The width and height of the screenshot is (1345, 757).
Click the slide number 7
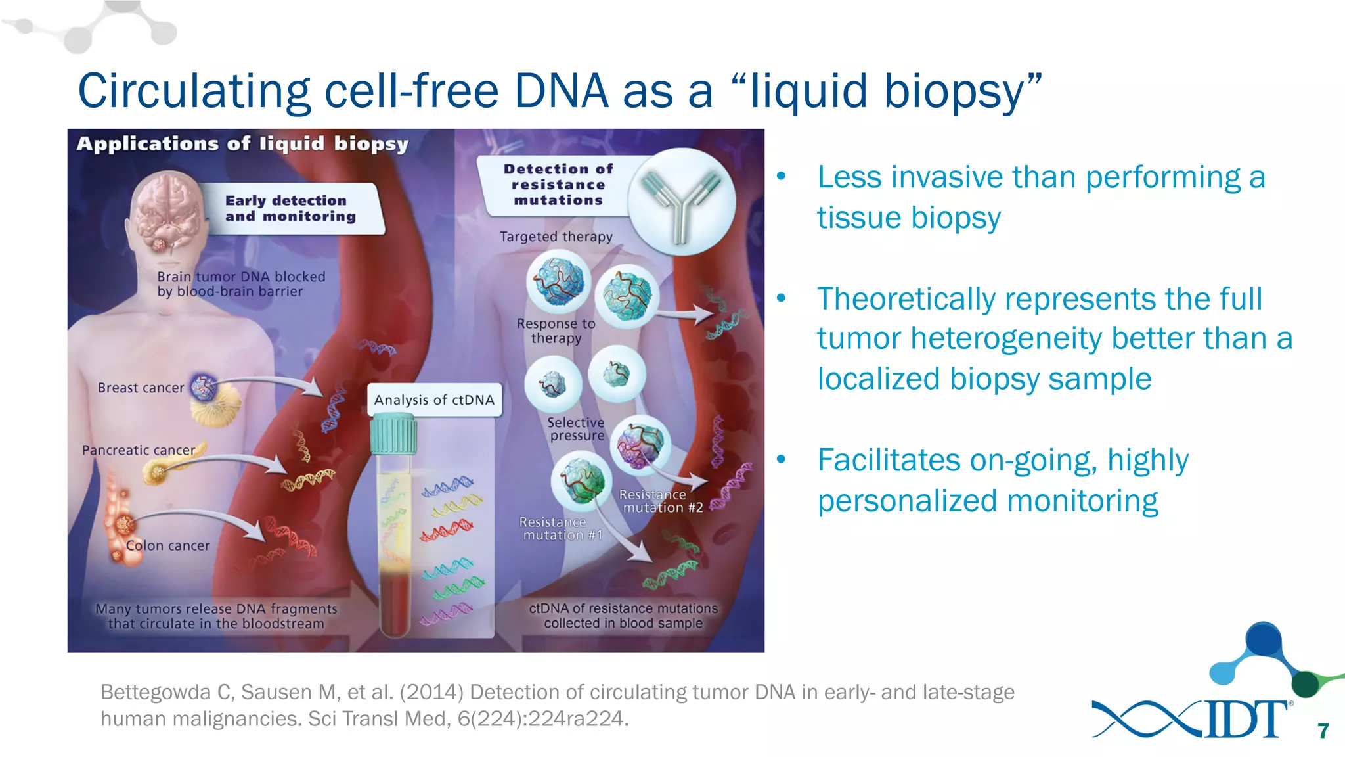pyautogui.click(x=1323, y=731)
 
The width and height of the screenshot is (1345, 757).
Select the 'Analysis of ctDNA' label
pyautogui.click(x=434, y=400)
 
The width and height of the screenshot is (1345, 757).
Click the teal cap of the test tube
pyautogui.click(x=393, y=434)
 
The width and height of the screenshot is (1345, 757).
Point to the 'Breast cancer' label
pyautogui.click(x=141, y=388)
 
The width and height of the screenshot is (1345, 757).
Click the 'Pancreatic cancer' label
pyautogui.click(x=138, y=450)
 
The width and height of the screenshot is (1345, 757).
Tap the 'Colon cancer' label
pyautogui.click(x=167, y=545)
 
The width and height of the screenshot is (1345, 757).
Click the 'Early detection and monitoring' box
pyautogui.click(x=290, y=208)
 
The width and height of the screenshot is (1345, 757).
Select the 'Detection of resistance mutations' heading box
pyautogui.click(x=558, y=185)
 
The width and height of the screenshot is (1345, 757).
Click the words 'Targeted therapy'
pyautogui.click(x=556, y=237)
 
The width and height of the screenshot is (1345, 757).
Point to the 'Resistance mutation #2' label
pyautogui.click(x=661, y=501)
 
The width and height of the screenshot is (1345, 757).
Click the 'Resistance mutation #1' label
pyautogui.click(x=560, y=528)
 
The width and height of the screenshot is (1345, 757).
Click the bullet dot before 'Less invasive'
pyautogui.click(x=781, y=176)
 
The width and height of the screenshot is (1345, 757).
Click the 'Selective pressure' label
pyautogui.click(x=576, y=428)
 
